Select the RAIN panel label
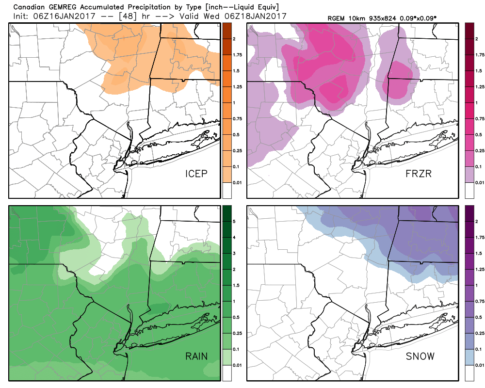[x=196, y=357]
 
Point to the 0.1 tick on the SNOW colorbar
[x=479, y=349]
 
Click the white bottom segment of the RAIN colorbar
[x=226, y=372]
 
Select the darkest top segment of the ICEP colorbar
[x=226, y=31]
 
